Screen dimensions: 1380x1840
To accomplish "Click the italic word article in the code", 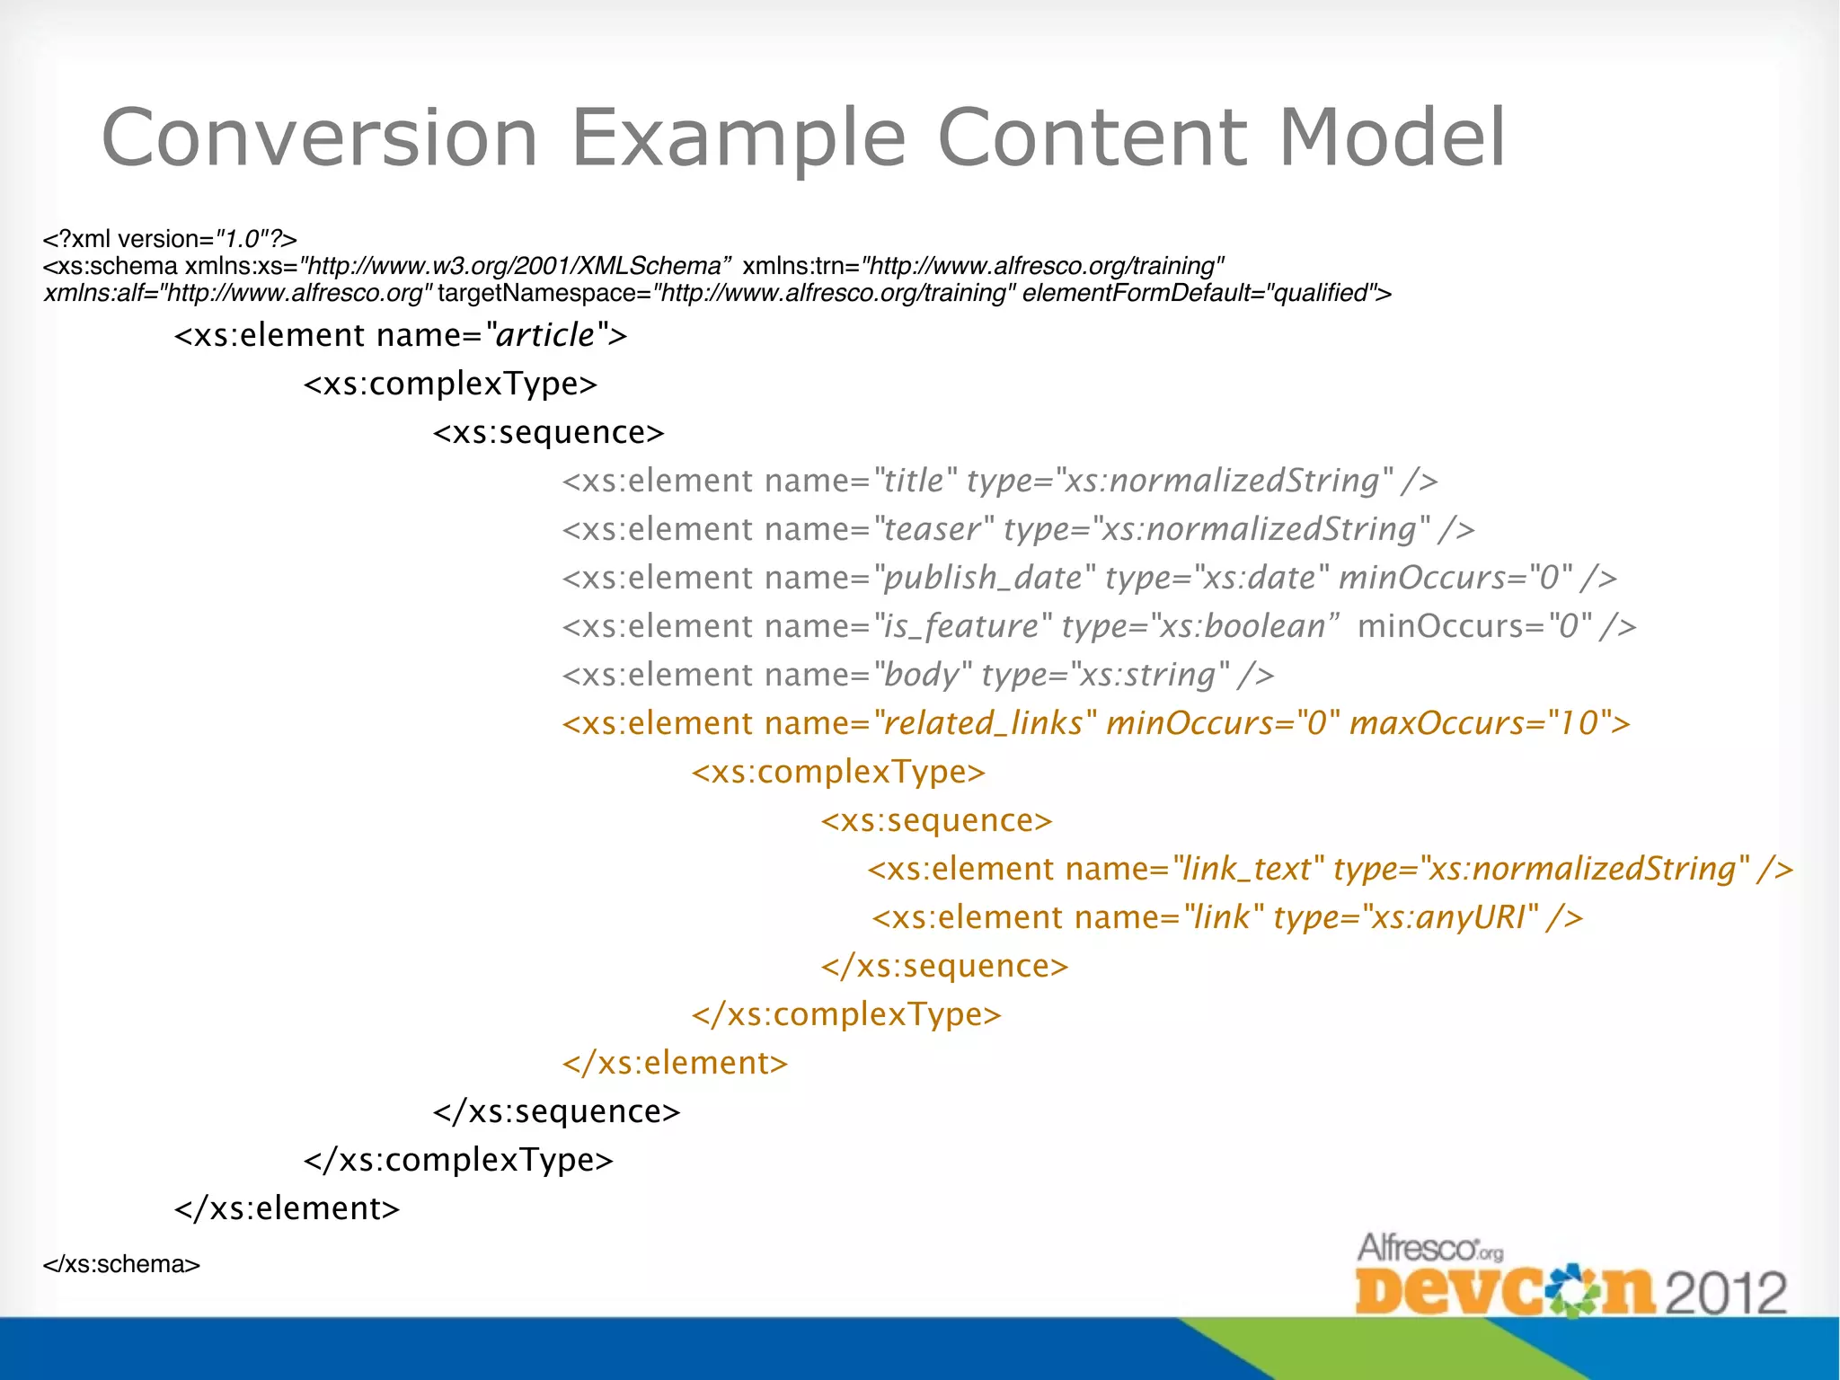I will coord(545,335).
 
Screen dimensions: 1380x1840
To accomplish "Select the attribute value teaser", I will coord(932,529).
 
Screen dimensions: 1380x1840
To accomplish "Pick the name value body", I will coord(922,675).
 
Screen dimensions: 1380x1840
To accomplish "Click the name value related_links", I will coord(983,723).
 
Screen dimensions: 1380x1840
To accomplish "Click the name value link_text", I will coord(1247,869).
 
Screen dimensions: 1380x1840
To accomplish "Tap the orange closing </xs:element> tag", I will coord(675,1063).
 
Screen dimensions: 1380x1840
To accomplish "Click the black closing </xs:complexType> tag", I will coord(458,1160).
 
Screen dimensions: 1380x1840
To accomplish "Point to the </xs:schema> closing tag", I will coord(121,1264).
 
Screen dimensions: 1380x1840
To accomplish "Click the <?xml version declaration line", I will coord(170,239).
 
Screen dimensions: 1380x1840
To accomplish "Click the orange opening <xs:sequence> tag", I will coord(935,820).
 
